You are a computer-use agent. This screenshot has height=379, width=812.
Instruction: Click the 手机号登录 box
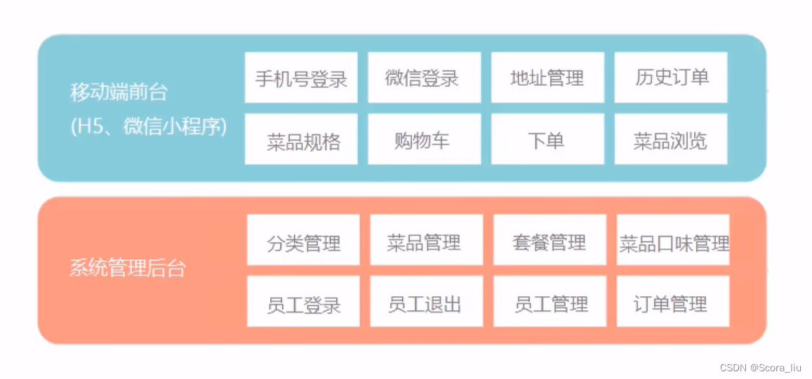pos(301,77)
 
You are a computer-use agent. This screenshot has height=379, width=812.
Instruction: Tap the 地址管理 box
pos(547,77)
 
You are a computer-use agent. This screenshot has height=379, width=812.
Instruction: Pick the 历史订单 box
pos(671,77)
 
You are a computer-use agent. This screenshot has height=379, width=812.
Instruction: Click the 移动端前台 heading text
pos(119,92)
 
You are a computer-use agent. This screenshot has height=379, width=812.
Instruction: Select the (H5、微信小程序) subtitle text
pos(148,127)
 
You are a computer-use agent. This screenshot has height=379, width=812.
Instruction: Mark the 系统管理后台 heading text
pos(128,269)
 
